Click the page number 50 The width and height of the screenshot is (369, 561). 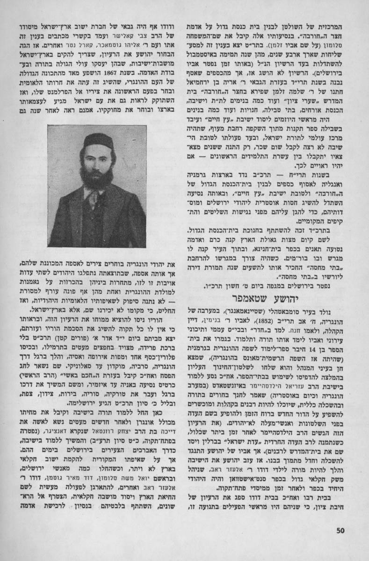pyautogui.click(x=340, y=529)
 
